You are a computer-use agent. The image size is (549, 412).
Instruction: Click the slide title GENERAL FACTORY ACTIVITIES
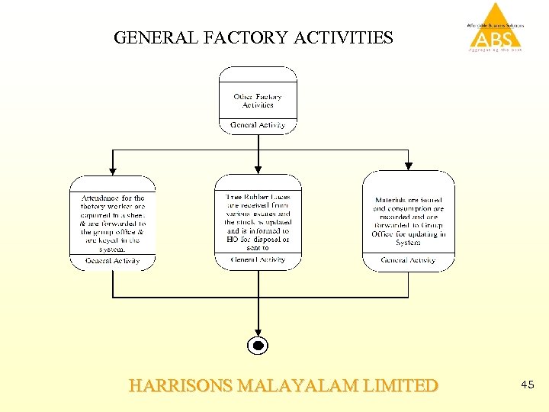[x=253, y=37]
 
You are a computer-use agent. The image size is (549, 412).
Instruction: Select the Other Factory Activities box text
[x=258, y=101]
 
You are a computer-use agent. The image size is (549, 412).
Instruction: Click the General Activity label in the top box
[x=258, y=125]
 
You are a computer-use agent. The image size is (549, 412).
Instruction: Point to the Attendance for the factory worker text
[x=113, y=223]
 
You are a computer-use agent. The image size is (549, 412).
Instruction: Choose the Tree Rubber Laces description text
[x=258, y=221]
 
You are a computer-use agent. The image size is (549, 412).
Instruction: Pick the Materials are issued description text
[x=409, y=221]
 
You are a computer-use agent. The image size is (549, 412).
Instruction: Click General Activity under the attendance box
[x=113, y=261]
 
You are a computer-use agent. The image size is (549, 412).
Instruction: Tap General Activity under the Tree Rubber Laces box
[x=258, y=259]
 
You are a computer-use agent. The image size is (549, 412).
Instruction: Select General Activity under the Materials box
[x=409, y=260]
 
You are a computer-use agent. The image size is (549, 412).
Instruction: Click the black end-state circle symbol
[x=258, y=346]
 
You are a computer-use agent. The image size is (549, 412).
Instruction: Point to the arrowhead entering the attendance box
[x=113, y=170]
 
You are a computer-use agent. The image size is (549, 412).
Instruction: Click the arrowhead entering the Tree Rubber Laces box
[x=258, y=169]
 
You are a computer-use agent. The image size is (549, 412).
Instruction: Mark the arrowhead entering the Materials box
[x=409, y=166]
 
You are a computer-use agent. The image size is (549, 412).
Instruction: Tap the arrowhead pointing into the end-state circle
[x=258, y=330]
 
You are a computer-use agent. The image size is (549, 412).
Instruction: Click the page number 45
[x=528, y=386]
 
